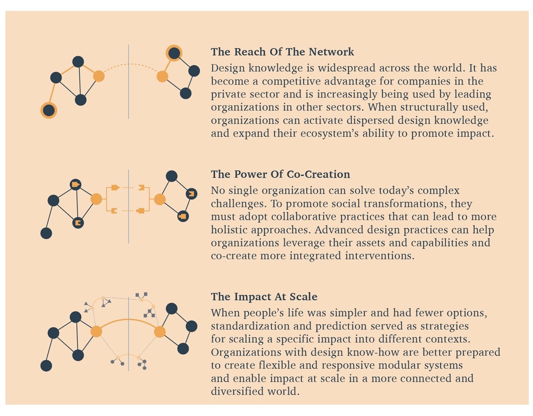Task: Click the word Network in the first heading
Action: point(331,52)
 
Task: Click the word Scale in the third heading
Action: point(303,296)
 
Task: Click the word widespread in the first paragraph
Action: point(346,68)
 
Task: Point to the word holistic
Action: point(229,230)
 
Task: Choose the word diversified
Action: point(237,392)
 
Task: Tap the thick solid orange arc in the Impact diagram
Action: point(129,320)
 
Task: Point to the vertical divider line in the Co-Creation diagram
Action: point(128,206)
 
